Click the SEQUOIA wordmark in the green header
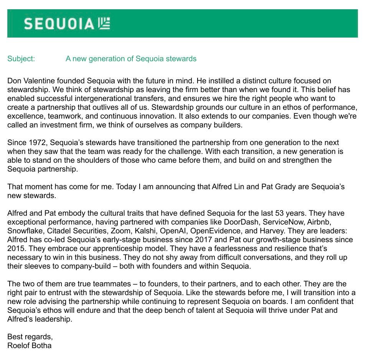[58, 24]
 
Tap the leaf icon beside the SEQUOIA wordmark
[104, 23]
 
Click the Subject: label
[21, 59]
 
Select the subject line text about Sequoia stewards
[131, 59]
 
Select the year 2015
[16, 248]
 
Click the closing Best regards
[30, 337]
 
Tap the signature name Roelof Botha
[29, 345]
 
